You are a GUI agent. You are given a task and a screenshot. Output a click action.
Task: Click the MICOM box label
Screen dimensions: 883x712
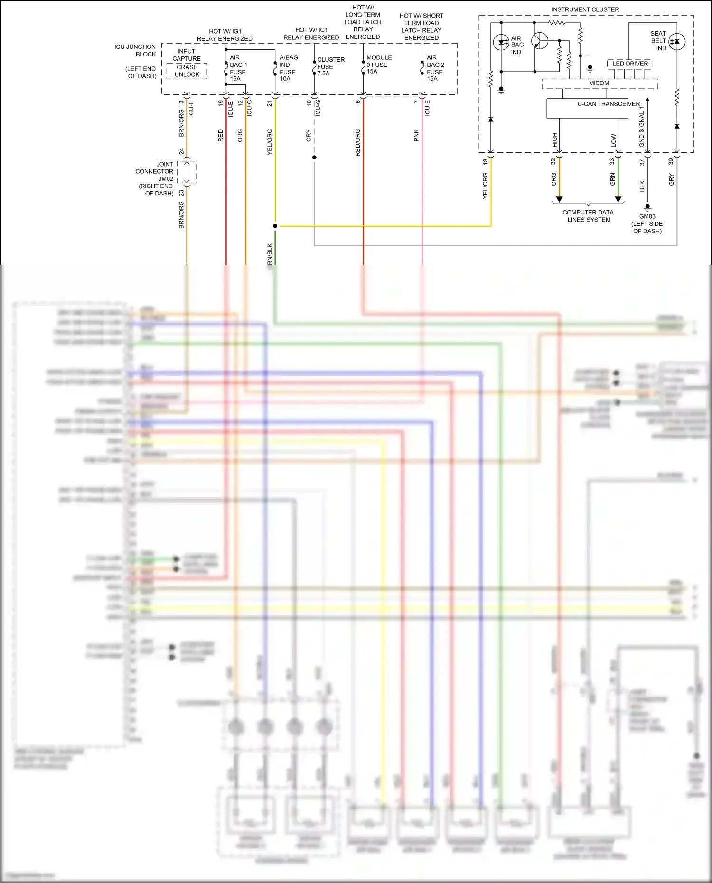[x=599, y=83]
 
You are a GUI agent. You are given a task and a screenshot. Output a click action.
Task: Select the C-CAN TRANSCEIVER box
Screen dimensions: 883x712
[x=593, y=108]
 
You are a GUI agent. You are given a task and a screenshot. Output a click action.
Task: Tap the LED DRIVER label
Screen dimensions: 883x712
[x=630, y=64]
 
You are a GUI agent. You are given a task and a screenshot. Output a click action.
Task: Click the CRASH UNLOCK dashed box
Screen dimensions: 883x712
[x=187, y=71]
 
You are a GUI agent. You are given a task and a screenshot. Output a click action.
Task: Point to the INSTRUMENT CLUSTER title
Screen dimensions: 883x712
[x=585, y=9]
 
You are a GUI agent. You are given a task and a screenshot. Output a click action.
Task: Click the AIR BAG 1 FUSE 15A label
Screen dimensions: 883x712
[x=238, y=68]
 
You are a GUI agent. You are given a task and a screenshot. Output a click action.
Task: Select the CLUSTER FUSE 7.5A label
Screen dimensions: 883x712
[x=330, y=66]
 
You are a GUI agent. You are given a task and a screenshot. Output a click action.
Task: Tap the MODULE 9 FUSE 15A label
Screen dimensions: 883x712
[x=378, y=65]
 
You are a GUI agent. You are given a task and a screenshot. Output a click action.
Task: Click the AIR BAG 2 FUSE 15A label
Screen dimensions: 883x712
[x=435, y=68]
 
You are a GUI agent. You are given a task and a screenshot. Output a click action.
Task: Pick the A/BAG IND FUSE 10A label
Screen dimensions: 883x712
[x=288, y=68]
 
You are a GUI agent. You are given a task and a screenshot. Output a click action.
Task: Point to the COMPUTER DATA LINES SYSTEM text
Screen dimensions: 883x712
[x=588, y=216]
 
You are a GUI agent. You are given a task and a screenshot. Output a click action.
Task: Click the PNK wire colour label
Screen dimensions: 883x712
[x=416, y=135]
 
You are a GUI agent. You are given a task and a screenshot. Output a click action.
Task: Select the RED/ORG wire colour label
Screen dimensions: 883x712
[x=357, y=142]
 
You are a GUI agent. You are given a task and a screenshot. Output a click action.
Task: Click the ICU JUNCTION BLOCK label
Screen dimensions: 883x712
[x=135, y=50]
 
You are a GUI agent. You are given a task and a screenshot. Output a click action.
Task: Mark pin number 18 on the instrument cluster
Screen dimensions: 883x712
[x=485, y=162]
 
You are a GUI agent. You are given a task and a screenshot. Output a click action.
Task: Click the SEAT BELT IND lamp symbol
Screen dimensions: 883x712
[x=677, y=42]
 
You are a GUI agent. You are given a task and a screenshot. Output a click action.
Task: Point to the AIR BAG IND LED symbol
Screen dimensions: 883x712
[x=501, y=42]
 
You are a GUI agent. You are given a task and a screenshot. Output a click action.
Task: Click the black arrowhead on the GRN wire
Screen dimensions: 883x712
[x=618, y=199]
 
